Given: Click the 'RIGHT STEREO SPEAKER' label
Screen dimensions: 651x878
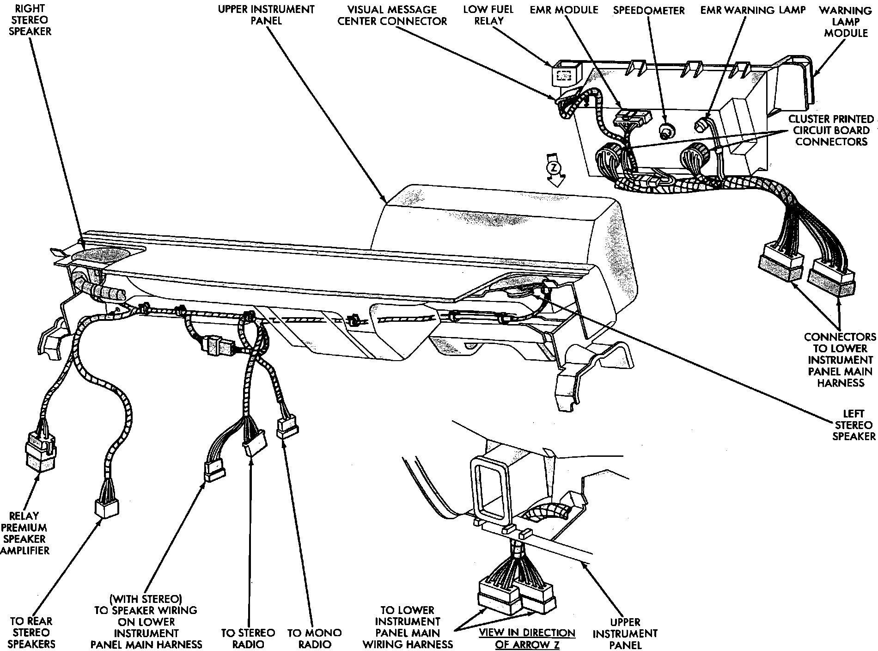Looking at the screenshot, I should [32, 20].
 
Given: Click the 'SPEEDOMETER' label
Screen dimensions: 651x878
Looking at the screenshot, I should [648, 10].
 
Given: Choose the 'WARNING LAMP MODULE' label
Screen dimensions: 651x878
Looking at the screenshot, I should [846, 21].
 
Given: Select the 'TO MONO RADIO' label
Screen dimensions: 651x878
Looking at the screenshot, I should [314, 639].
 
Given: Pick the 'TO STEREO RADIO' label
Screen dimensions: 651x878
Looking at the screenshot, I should [248, 639].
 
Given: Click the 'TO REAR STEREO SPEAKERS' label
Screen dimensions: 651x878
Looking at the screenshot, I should [31, 633].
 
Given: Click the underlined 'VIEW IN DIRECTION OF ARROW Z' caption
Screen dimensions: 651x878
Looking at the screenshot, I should [527, 639].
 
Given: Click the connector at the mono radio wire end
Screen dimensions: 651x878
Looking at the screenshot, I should [287, 429].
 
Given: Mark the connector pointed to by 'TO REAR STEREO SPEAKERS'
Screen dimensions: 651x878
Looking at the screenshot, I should [107, 508].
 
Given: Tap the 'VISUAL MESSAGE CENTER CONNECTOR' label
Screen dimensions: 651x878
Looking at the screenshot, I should [392, 15].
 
